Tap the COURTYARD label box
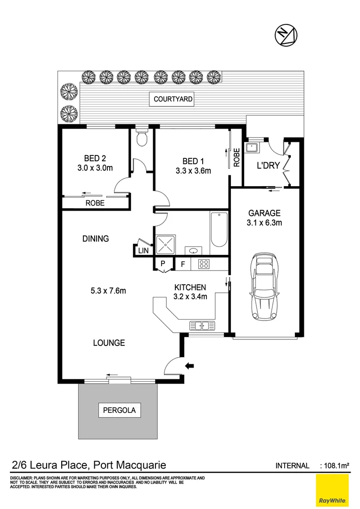point(173,99)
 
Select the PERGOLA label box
point(119,410)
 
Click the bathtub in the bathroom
point(219,230)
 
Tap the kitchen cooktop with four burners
point(204,264)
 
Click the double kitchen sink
point(202,325)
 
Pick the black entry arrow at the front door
point(190,365)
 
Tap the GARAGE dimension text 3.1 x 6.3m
point(264,223)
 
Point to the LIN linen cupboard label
point(144,251)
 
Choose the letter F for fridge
point(183,264)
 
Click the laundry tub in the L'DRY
point(253,147)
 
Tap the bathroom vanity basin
point(193,250)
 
